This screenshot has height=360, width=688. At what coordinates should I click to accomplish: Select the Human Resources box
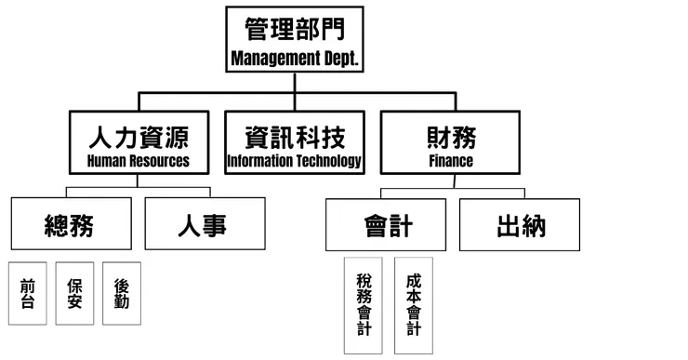pos(138,144)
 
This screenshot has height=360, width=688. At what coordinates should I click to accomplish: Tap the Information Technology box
pos(295,144)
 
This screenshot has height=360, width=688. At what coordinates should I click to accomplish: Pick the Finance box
pos(451,144)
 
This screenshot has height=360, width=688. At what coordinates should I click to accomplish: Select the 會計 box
pos(388,225)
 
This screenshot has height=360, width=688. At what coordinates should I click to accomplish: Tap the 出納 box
pos(521,225)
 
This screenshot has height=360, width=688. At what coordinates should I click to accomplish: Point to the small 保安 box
pos(74,293)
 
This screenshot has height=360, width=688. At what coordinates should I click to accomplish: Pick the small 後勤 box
pos(121,293)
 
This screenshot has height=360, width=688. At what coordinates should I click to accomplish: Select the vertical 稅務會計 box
pos(363,304)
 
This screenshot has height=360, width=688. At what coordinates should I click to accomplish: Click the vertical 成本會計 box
pos(414,304)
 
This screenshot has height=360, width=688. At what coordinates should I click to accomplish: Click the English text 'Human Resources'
pos(138,161)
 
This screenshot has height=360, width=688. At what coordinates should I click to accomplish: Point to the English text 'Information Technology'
pos(295,161)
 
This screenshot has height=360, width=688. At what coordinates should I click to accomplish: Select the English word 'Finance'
pos(451,161)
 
